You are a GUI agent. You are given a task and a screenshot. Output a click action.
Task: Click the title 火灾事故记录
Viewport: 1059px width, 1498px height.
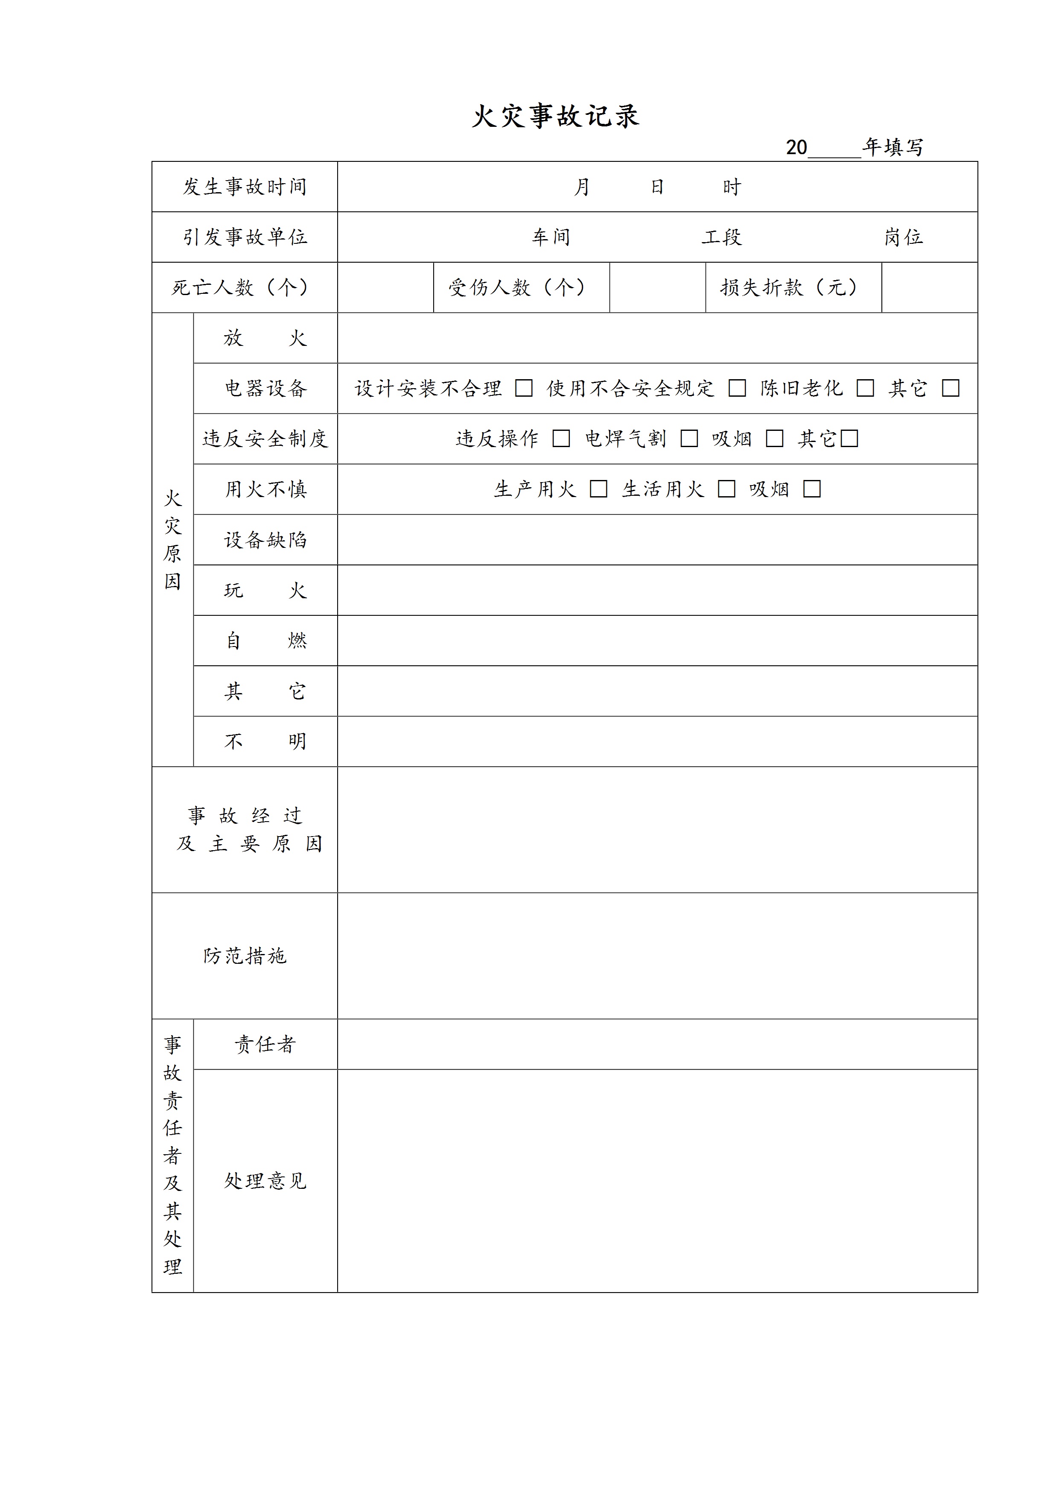(555, 116)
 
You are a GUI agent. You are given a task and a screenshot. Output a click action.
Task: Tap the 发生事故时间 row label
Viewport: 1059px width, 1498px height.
(245, 187)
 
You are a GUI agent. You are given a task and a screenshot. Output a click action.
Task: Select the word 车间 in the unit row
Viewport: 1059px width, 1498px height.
(551, 237)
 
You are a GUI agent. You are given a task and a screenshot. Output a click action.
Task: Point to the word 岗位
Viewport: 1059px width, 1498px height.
(904, 237)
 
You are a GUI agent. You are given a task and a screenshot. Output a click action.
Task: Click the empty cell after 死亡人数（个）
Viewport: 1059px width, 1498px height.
(385, 288)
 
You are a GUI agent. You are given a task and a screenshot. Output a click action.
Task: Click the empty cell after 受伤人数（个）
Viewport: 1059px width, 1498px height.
(657, 288)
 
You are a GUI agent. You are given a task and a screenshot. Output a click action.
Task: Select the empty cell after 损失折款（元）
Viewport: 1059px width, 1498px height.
(929, 288)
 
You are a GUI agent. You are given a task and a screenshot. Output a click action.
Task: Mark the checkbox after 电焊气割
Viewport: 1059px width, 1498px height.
(689, 439)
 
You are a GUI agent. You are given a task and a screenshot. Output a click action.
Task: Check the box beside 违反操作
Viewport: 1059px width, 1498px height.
(561, 439)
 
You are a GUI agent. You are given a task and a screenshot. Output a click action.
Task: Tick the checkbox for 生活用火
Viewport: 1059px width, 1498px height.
(726, 489)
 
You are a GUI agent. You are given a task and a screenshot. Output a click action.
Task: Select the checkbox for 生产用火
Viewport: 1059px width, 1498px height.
(598, 489)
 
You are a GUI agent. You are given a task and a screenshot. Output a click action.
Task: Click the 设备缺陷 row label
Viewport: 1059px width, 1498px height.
(265, 540)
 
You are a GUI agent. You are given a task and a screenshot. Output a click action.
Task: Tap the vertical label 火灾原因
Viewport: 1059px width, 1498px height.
(172, 540)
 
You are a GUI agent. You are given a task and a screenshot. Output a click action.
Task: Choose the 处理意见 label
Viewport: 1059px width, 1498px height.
(265, 1181)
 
